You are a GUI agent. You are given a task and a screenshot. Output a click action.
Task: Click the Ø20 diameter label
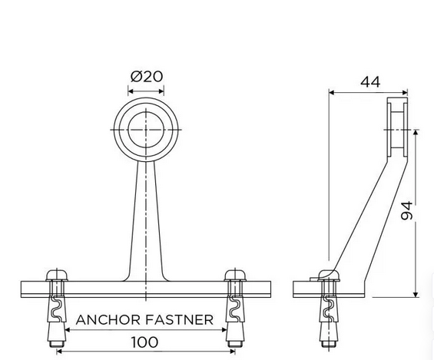(x=147, y=76)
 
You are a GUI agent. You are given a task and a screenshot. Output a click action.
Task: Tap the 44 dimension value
(x=370, y=81)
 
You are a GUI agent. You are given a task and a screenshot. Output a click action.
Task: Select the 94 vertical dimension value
(x=406, y=210)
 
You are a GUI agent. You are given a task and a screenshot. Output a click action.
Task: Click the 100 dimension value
(x=144, y=342)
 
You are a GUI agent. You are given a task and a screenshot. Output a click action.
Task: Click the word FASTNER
(x=179, y=319)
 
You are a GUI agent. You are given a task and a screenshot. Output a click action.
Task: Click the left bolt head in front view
(x=57, y=276)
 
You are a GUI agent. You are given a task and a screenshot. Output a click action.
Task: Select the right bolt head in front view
(x=235, y=276)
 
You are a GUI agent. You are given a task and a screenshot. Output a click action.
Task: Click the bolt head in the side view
(x=329, y=276)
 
